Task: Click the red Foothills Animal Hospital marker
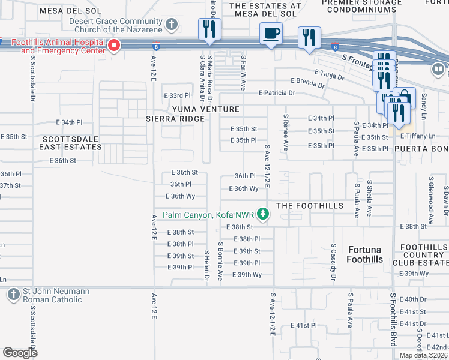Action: (113, 46)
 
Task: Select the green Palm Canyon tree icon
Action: (262, 214)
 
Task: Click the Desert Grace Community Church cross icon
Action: (172, 25)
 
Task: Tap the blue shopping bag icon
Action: (405, 98)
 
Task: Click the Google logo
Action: (20, 353)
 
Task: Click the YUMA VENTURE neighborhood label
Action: (206, 109)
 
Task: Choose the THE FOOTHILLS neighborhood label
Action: (309, 206)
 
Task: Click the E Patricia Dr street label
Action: (277, 93)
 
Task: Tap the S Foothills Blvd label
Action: (393, 319)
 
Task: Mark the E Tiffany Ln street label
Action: (418, 137)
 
